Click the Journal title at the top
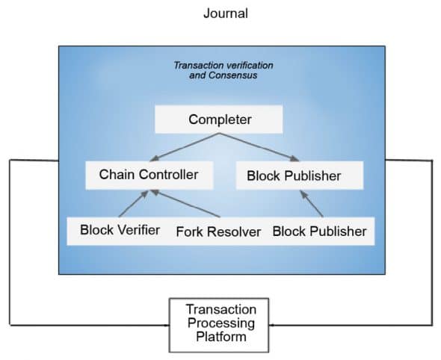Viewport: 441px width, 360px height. (225, 13)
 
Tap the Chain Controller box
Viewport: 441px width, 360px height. (149, 175)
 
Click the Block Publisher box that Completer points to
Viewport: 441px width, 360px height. (293, 176)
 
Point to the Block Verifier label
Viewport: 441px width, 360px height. (120, 230)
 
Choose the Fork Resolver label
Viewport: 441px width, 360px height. (218, 232)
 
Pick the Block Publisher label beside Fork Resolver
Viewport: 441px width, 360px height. (319, 231)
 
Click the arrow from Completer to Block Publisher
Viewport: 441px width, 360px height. (259, 147)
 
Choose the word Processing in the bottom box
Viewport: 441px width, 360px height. (220, 324)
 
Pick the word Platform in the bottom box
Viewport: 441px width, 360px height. (220, 337)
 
